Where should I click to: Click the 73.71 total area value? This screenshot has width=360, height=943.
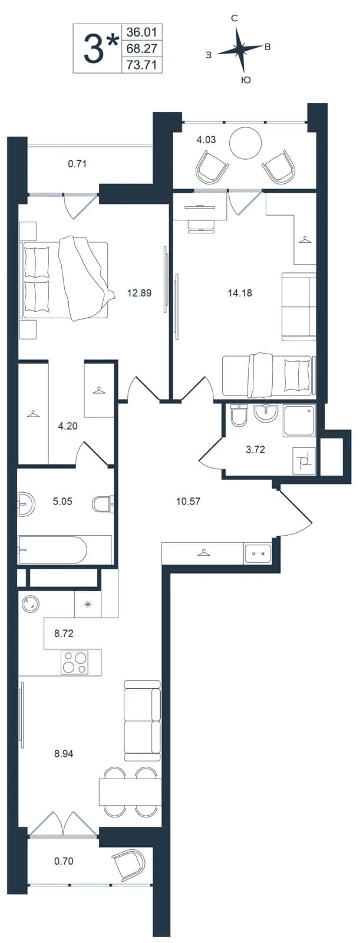(x=141, y=65)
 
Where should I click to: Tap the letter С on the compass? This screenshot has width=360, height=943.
(x=235, y=18)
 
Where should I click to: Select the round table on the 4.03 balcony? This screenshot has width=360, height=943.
(x=246, y=144)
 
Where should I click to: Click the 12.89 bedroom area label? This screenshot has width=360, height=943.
(x=140, y=292)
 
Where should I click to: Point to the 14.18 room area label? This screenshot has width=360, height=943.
(x=240, y=292)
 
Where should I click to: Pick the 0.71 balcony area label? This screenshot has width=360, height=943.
(x=77, y=164)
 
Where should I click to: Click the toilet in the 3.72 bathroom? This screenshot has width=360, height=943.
(x=240, y=416)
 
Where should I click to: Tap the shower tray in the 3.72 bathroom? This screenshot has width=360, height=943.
(x=299, y=421)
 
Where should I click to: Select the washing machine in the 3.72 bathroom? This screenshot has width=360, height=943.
(x=304, y=461)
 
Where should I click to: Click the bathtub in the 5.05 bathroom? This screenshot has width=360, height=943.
(x=64, y=549)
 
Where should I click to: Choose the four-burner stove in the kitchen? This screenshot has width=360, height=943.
(x=74, y=662)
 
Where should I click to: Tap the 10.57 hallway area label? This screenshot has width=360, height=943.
(x=188, y=502)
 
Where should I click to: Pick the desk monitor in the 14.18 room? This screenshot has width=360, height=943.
(x=200, y=206)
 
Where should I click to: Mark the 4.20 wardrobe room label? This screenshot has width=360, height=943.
(x=68, y=426)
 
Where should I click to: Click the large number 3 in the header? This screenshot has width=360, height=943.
(x=94, y=48)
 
